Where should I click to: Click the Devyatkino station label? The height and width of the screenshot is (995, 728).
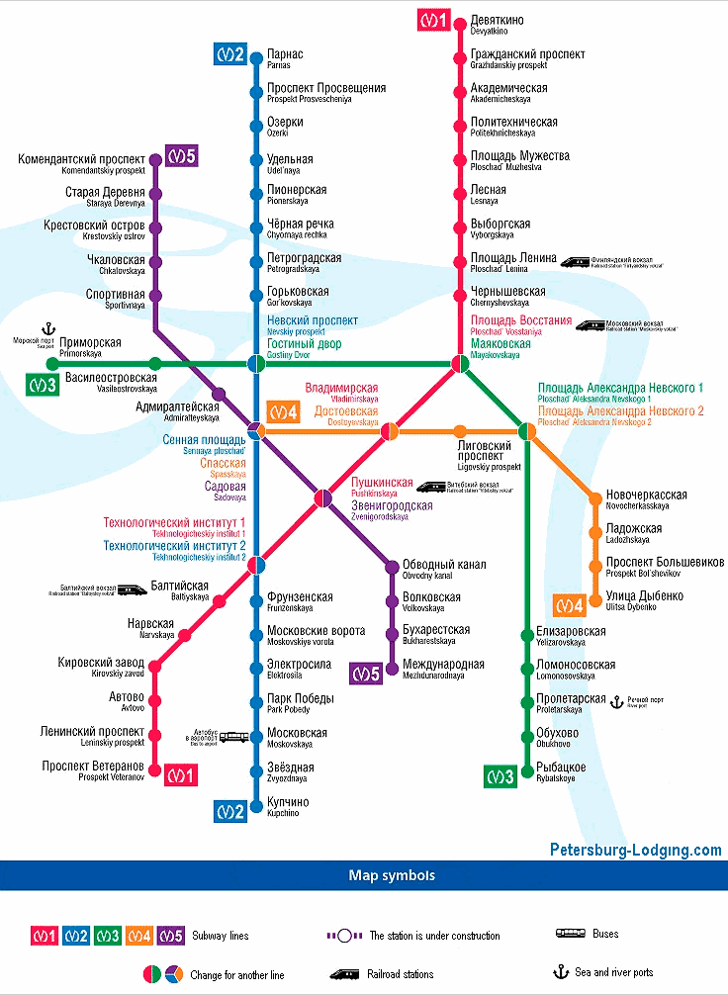[497, 25]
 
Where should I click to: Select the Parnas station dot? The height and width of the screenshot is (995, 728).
[255, 54]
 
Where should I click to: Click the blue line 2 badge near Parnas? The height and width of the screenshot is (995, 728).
[229, 54]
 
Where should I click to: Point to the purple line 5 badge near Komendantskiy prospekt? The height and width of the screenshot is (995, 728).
[181, 155]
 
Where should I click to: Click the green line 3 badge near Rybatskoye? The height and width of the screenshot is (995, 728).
[500, 777]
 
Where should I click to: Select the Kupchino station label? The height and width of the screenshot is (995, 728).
[287, 806]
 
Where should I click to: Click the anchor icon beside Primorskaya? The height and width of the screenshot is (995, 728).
[46, 327]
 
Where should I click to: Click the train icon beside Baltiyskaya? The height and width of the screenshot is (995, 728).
[132, 588]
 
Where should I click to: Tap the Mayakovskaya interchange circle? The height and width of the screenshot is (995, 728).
[460, 363]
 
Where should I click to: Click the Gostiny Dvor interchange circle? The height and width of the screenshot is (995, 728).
[255, 363]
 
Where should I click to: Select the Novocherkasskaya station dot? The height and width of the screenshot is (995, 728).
[595, 498]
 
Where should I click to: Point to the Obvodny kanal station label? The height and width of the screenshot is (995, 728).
[443, 569]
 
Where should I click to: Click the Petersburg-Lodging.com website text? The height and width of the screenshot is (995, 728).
[635, 850]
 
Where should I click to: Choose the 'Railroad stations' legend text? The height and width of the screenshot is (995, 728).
[401, 974]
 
